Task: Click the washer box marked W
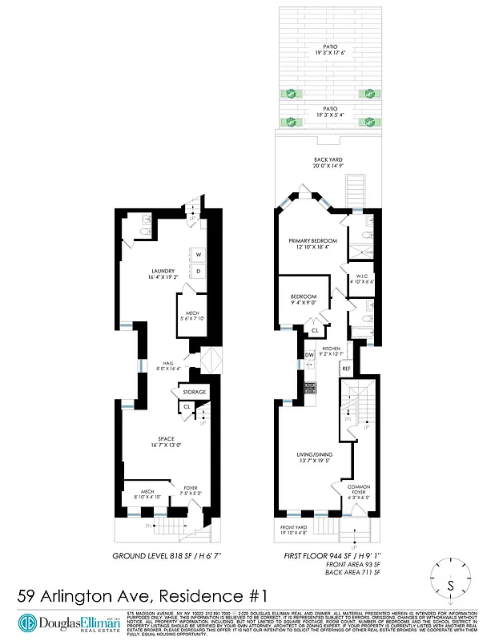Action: coord(196,254)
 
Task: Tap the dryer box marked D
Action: coord(196,271)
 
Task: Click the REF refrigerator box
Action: coord(346,369)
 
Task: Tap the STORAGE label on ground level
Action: coord(195,392)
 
